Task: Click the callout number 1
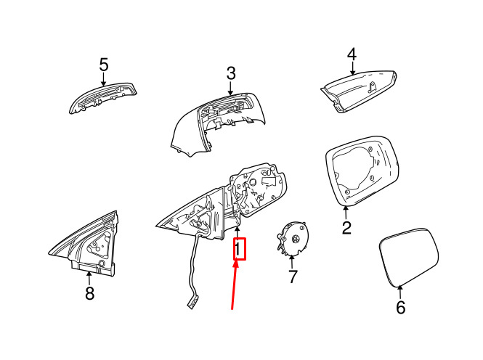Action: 239,250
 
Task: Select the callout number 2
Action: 346,228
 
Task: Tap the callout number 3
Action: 231,73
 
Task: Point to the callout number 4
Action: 352,54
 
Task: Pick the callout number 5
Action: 104,65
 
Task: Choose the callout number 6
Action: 400,307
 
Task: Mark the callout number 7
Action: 292,277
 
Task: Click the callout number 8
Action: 89,293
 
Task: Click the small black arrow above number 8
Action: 89,276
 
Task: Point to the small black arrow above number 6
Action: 400,290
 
